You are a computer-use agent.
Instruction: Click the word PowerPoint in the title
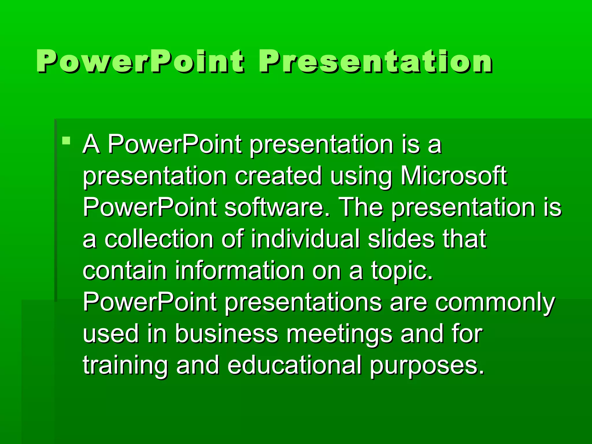(x=140, y=61)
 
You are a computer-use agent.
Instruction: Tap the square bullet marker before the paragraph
(x=66, y=141)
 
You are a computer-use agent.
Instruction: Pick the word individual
(x=305, y=239)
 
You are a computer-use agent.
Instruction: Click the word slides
(x=401, y=239)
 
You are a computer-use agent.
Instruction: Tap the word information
(x=239, y=271)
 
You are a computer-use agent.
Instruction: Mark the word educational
(x=294, y=365)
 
